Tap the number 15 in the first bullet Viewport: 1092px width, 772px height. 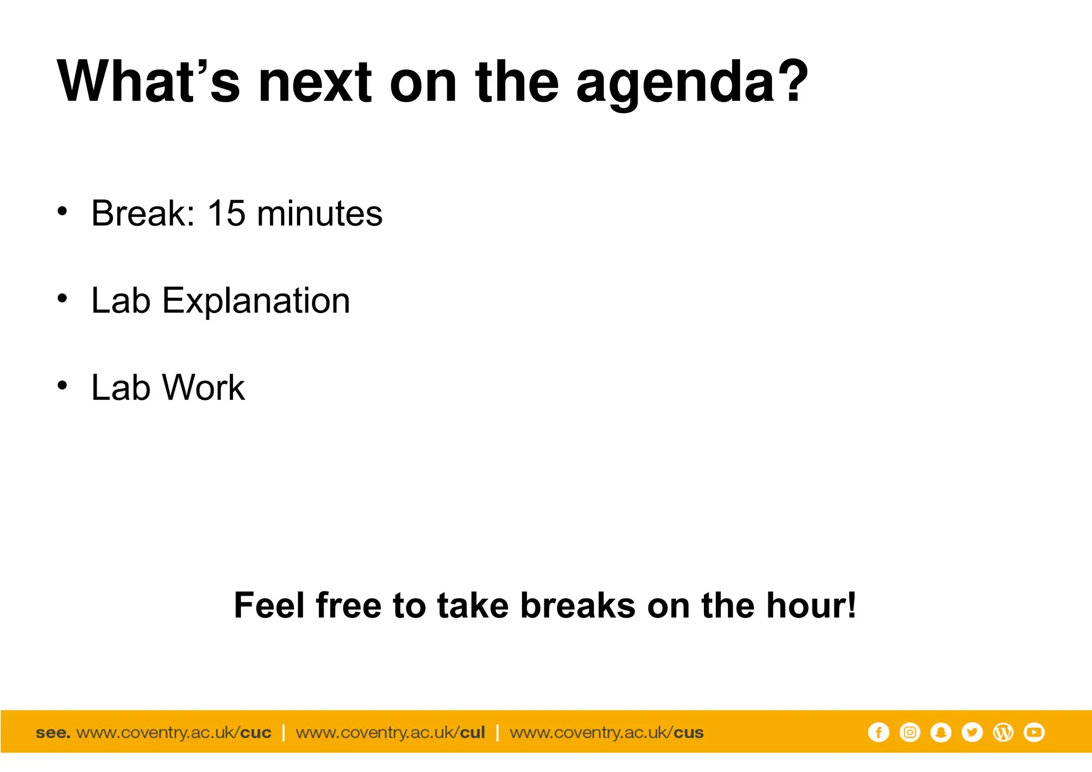click(227, 213)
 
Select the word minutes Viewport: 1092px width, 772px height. click(319, 213)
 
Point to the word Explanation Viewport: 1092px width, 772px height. click(256, 302)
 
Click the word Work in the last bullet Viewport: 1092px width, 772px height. click(203, 388)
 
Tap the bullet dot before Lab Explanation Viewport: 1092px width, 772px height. click(62, 299)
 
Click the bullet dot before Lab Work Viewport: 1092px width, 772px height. click(62, 385)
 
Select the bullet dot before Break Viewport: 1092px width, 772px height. click(62, 211)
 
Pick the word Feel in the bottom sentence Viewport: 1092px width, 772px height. click(269, 606)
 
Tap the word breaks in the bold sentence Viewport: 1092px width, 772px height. click(578, 606)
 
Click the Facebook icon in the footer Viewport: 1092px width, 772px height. click(878, 733)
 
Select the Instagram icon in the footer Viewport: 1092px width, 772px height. click(910, 733)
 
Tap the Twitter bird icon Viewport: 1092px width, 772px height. click(972, 733)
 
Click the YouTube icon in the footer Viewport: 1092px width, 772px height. click(1034, 733)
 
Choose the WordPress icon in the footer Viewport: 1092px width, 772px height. click(1003, 733)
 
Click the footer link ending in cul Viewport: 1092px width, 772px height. click(390, 733)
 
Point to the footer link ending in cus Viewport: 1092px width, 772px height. click(606, 733)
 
